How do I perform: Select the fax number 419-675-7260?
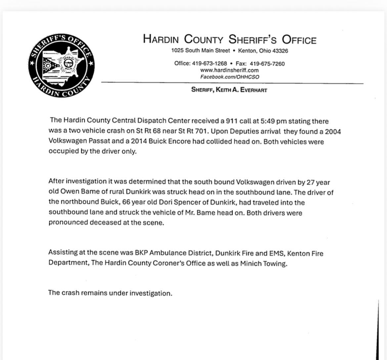267,63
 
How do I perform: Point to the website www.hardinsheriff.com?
229,70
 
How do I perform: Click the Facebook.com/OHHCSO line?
230,77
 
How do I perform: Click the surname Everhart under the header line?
253,90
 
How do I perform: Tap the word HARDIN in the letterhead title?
161,40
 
